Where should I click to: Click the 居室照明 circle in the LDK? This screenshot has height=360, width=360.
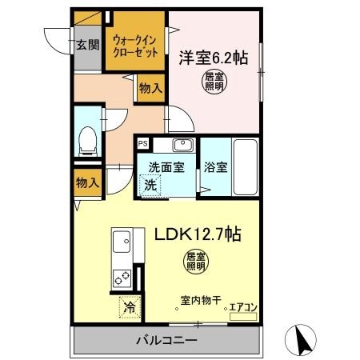(196, 261)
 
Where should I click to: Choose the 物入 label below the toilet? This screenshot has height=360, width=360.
(87, 183)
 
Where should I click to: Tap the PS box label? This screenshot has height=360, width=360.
(142, 144)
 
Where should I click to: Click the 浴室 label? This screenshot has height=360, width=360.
(216, 168)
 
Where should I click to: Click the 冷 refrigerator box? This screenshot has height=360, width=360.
(128, 306)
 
